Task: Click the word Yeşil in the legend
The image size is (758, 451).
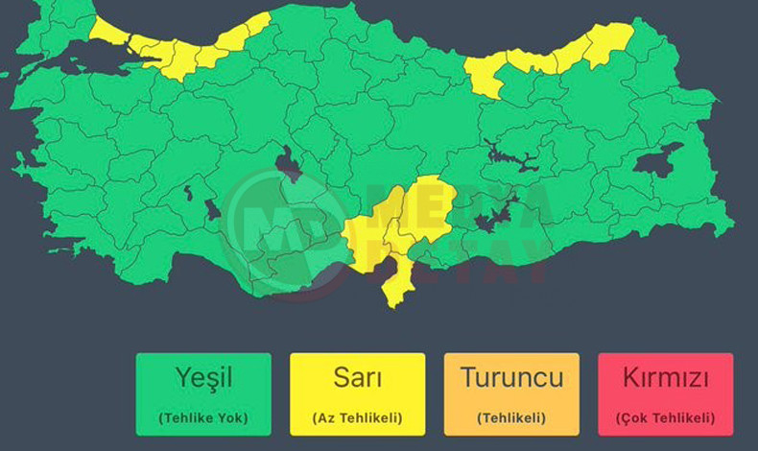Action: click(x=202, y=378)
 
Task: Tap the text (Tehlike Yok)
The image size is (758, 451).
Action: click(x=202, y=417)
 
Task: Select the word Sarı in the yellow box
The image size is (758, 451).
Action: click(x=357, y=378)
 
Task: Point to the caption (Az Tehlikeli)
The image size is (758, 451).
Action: click(x=357, y=417)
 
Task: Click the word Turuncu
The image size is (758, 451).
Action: click(x=511, y=378)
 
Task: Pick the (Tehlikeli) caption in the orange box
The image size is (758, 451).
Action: click(x=511, y=417)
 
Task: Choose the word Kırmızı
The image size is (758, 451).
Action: click(x=665, y=378)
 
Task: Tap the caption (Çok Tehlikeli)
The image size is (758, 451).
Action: click(x=665, y=417)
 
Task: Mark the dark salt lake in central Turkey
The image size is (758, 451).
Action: click(x=287, y=164)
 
